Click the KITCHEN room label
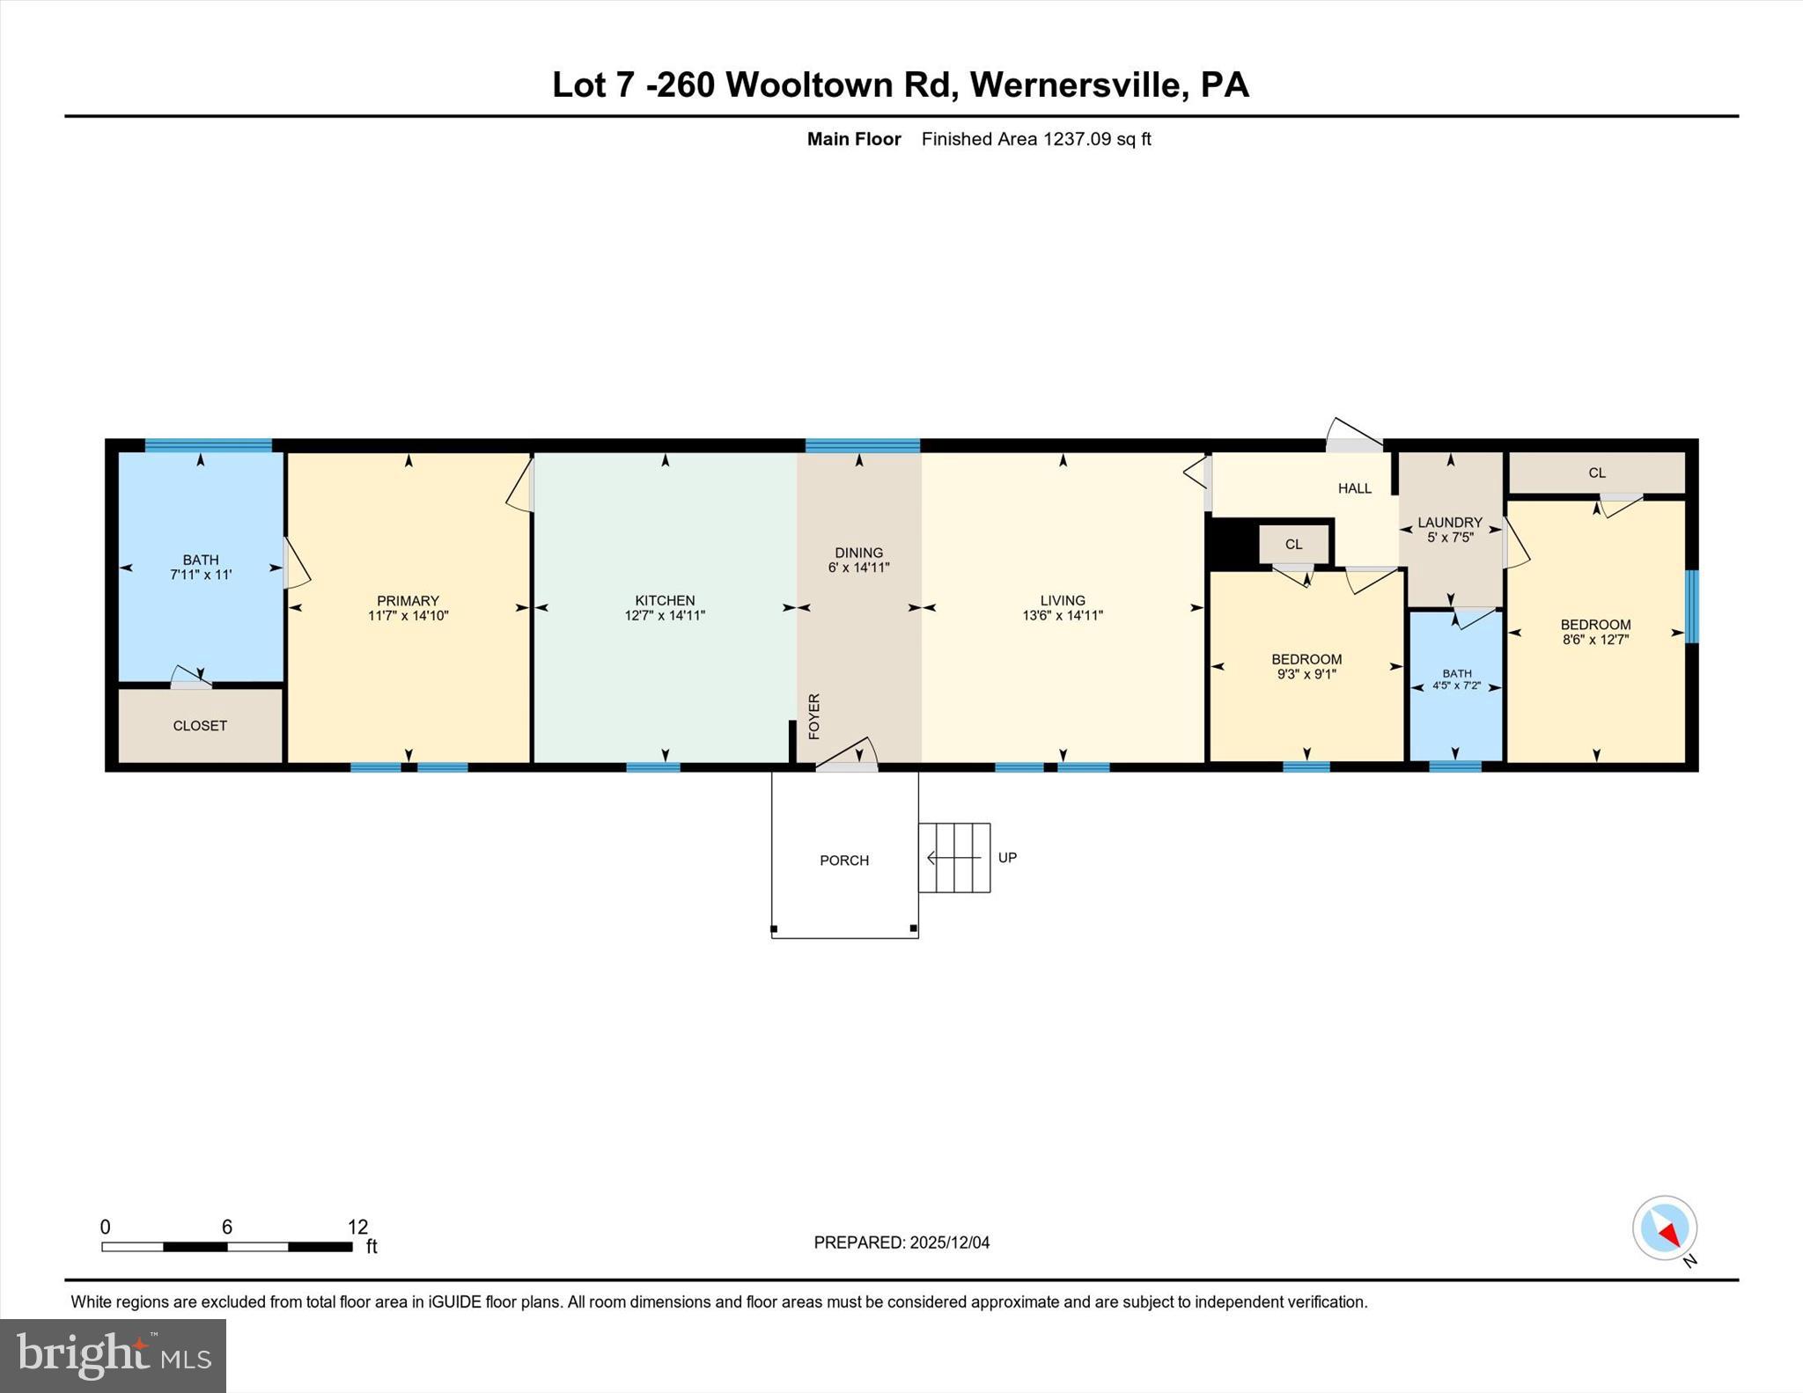665,600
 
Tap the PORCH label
843,861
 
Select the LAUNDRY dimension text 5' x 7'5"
1450,538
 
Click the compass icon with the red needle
1664,1228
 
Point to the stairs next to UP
954,857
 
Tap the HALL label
1354,488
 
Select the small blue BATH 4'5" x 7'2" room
1456,684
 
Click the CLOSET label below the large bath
200,726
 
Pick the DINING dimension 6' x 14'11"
858,568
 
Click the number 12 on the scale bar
357,1227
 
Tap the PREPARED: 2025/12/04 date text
901,1243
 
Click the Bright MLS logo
113,1355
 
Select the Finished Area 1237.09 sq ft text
1035,139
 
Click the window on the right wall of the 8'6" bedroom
1691,606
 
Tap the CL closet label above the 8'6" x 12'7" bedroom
1596,473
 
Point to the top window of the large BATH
208,445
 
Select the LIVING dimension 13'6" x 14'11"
1062,616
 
